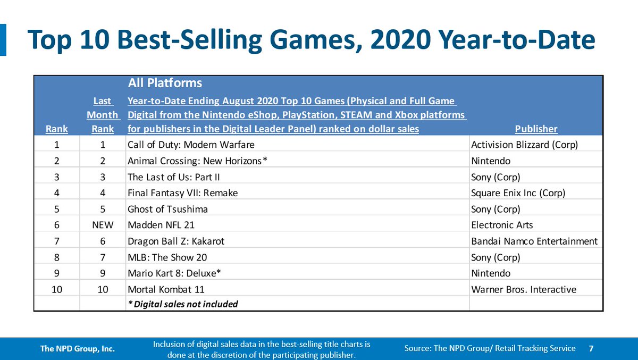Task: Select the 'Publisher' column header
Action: pos(536,129)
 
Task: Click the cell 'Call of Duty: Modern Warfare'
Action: pos(191,145)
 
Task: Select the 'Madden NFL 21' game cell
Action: pos(161,225)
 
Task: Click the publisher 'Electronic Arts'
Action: pos(502,225)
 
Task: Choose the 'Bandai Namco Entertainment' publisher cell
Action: pos(534,241)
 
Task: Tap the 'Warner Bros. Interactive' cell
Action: pos(524,289)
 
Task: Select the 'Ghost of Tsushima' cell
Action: pos(167,209)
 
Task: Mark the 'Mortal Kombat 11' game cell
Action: pos(166,289)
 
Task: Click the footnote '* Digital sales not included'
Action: pos(182,304)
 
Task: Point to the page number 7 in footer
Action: pos(591,348)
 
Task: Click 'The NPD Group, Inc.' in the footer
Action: pos(78,349)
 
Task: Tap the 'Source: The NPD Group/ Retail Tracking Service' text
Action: pos(490,348)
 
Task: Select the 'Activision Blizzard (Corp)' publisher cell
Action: pos(525,145)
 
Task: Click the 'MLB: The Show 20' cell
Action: pos(167,257)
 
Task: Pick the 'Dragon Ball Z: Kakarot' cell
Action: pos(176,241)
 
